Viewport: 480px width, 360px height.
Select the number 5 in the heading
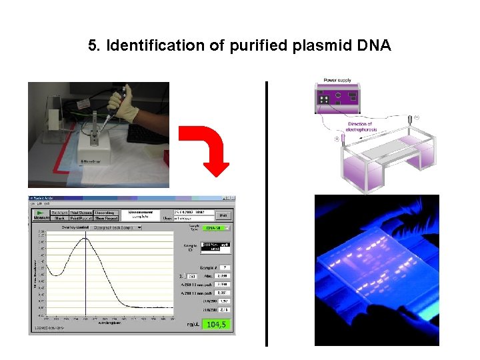93,46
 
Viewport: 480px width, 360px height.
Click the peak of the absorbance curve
85,239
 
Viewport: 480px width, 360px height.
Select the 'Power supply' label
337,81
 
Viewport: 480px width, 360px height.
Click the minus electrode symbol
417,117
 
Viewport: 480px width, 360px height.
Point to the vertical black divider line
266,213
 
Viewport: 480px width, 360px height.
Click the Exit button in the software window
223,215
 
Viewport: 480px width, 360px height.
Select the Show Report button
107,218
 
